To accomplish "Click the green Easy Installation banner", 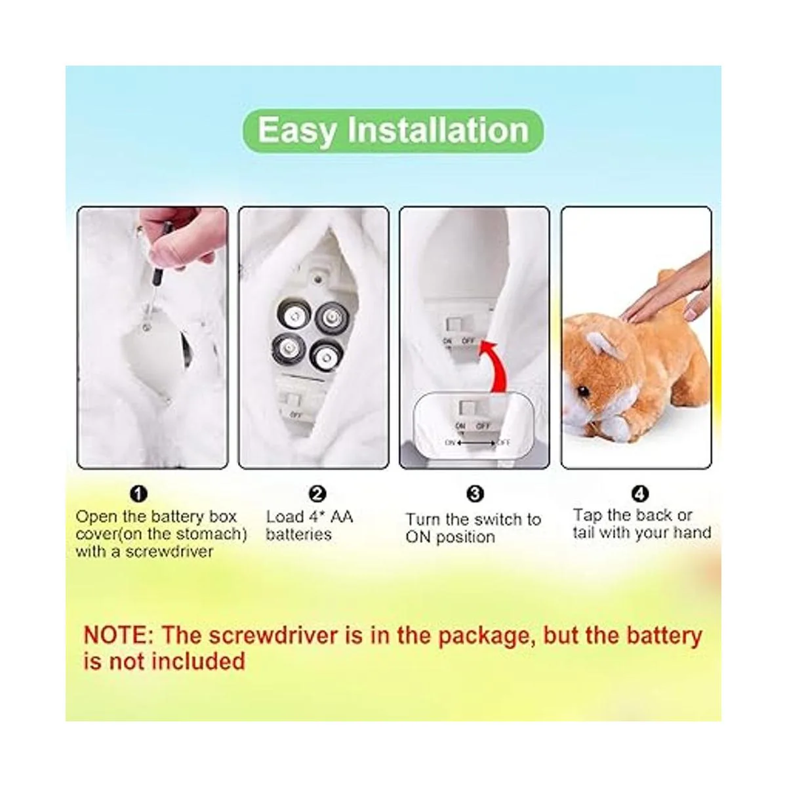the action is (393, 131).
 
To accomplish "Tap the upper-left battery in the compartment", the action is (293, 315).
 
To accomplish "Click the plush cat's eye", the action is (585, 392).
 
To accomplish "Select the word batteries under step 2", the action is (298, 535).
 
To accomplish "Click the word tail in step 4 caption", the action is (584, 532).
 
